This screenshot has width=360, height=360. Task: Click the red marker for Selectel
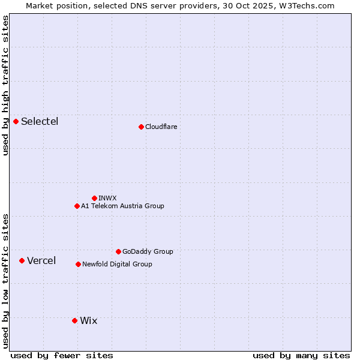point(16,122)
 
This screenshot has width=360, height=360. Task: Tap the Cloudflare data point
point(141,127)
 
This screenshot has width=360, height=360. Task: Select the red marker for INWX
point(94,198)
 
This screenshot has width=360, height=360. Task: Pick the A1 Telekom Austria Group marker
point(77,206)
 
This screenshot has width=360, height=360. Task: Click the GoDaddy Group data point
point(118,251)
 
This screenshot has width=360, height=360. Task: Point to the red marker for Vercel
point(22,260)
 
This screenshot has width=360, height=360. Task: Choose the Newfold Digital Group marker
point(78,264)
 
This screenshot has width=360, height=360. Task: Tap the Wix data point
point(74,320)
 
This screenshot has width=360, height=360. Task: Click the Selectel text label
point(40,122)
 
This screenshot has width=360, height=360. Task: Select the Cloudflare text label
point(161,127)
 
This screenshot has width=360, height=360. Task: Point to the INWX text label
point(107,198)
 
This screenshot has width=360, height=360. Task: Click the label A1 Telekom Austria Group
point(122,206)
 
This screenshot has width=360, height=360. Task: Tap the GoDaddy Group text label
point(148,251)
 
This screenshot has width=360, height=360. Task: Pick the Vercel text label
point(41,260)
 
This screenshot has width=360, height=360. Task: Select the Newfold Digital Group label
point(117,264)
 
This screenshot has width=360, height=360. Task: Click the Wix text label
point(88,320)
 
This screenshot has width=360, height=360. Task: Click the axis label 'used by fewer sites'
point(62,355)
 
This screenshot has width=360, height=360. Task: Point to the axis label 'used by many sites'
point(301,355)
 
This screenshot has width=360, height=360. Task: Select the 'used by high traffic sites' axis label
point(5,85)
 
